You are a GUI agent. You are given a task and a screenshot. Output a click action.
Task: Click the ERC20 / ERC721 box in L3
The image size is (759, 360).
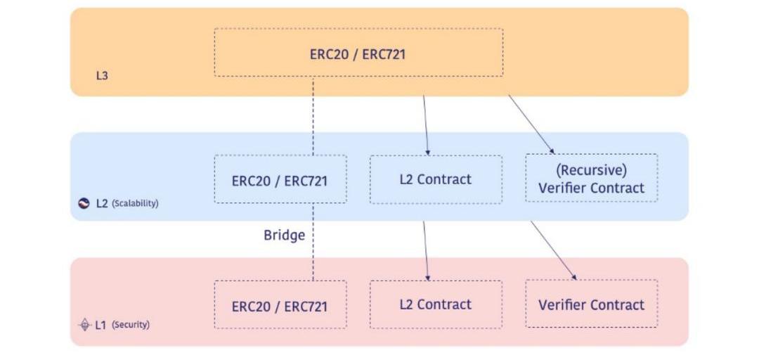(x=358, y=53)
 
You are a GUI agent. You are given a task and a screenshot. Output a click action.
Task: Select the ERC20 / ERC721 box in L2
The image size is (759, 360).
(x=280, y=180)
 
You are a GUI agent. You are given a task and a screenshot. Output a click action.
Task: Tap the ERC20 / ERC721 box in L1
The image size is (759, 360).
(x=280, y=305)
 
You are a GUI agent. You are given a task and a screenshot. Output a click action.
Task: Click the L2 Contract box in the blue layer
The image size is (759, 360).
(x=436, y=179)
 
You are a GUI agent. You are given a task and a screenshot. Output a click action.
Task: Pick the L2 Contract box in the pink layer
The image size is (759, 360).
(x=436, y=304)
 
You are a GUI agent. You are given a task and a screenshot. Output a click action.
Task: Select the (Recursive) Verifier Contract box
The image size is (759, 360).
(x=591, y=179)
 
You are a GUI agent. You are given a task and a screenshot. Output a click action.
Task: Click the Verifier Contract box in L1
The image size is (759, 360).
(x=591, y=304)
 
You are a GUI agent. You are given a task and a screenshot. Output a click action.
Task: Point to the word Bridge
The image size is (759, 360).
(x=284, y=235)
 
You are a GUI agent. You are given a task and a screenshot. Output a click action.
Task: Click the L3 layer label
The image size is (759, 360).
(x=102, y=75)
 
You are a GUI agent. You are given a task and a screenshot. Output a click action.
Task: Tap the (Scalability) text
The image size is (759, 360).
(x=135, y=203)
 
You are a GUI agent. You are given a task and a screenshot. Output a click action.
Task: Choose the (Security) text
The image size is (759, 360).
(x=131, y=325)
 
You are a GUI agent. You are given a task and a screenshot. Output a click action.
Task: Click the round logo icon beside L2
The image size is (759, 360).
(x=84, y=203)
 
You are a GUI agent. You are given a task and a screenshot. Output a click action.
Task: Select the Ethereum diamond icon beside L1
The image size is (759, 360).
(x=84, y=325)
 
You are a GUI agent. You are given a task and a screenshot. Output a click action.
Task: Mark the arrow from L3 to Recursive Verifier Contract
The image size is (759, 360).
(x=531, y=124)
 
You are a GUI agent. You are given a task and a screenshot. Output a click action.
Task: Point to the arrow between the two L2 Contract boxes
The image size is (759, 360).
(x=425, y=250)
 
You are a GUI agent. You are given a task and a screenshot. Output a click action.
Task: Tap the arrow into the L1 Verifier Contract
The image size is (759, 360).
(x=553, y=250)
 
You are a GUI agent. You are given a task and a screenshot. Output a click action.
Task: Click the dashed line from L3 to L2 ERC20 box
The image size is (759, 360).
(x=313, y=116)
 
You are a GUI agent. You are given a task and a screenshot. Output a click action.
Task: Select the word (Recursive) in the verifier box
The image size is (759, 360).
(x=591, y=170)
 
